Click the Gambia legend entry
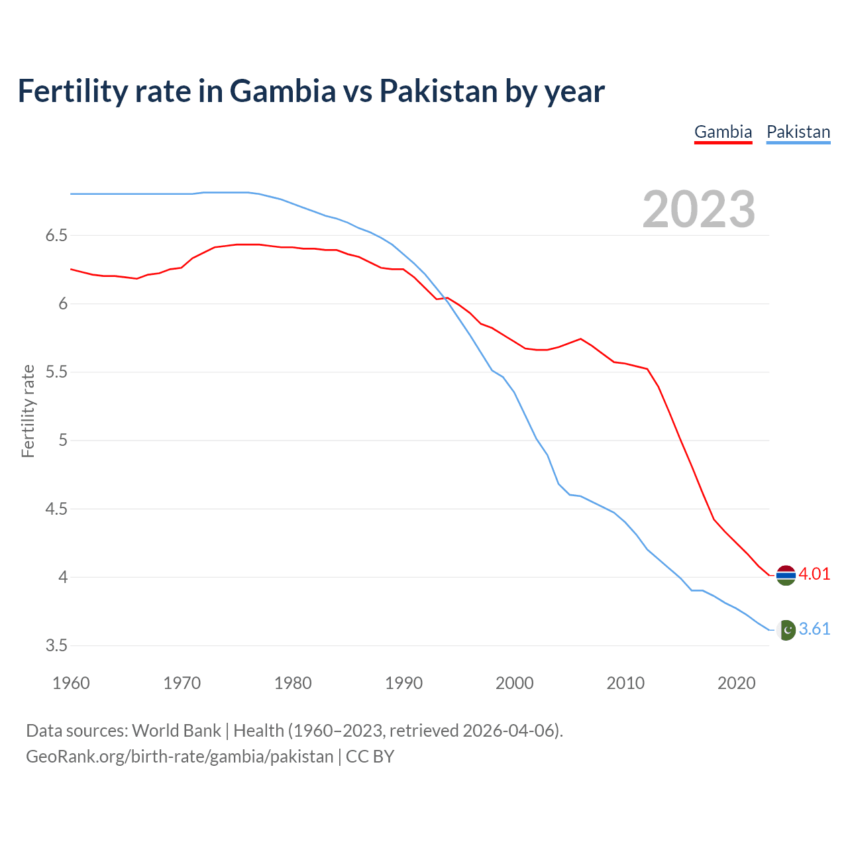[x=723, y=132]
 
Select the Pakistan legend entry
[x=798, y=132]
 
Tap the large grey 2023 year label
[x=698, y=209]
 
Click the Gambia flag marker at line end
[x=786, y=575]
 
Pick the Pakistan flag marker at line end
[x=786, y=630]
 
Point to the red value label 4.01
[x=814, y=574]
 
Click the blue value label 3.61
[x=814, y=629]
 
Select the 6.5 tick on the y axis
[x=57, y=236]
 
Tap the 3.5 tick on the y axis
[x=57, y=645]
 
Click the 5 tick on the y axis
[x=63, y=441]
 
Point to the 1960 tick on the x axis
[x=71, y=683]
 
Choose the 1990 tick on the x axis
[x=403, y=683]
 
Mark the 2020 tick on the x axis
[x=736, y=683]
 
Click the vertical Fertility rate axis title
[x=28, y=411]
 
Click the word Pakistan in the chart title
[x=438, y=91]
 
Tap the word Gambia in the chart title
[x=282, y=91]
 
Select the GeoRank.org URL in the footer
[x=180, y=757]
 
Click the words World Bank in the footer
[x=176, y=731]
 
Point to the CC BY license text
[x=370, y=757]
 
